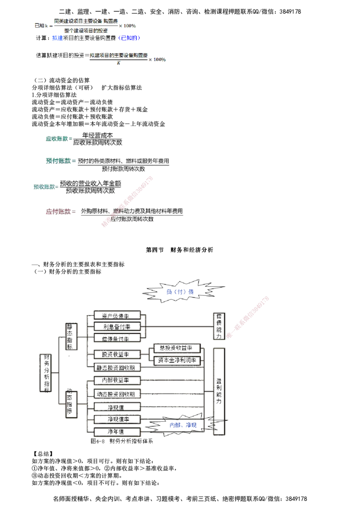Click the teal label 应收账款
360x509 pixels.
point(57,139)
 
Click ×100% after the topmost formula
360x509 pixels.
point(127,26)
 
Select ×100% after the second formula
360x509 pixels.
point(157,59)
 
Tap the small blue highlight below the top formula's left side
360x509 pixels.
point(57,39)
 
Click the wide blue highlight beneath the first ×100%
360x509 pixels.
point(129,39)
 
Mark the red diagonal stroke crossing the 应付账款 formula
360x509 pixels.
point(128,201)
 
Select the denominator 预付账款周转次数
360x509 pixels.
point(123,169)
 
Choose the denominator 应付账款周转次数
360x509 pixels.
point(132,219)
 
